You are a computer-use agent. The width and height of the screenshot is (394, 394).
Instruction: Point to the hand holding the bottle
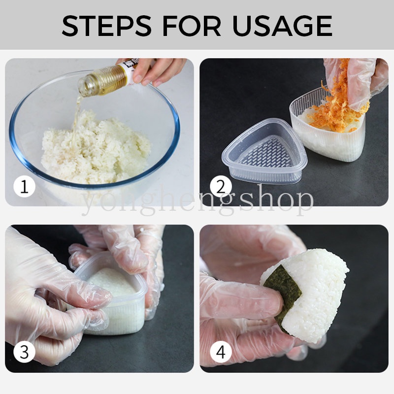(x=158, y=69)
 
